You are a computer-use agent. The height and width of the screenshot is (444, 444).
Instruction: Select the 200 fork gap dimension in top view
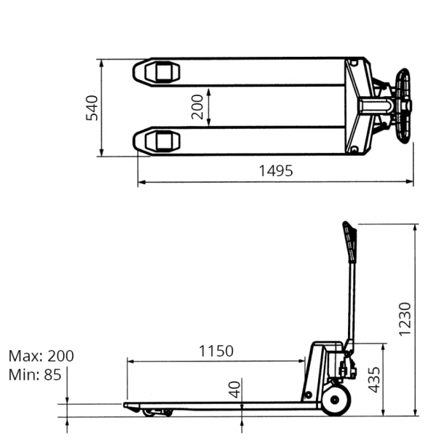coord(197,107)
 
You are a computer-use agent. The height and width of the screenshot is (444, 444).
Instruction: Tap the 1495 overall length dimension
coord(276,171)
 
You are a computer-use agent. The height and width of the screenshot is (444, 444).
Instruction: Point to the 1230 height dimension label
coord(405,319)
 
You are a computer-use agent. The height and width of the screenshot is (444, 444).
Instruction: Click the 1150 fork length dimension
coord(216,351)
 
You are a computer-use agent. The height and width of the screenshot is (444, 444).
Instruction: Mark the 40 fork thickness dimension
coord(234,389)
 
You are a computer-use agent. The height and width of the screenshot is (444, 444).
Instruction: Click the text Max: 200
coord(41,357)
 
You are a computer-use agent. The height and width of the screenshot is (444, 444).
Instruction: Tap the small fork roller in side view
coord(159,413)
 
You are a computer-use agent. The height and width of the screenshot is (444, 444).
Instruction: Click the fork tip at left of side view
coord(127,405)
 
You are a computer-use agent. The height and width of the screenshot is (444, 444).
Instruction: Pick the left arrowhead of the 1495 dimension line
coord(141,182)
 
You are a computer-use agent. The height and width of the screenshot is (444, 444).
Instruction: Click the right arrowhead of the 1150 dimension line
coord(301,360)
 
